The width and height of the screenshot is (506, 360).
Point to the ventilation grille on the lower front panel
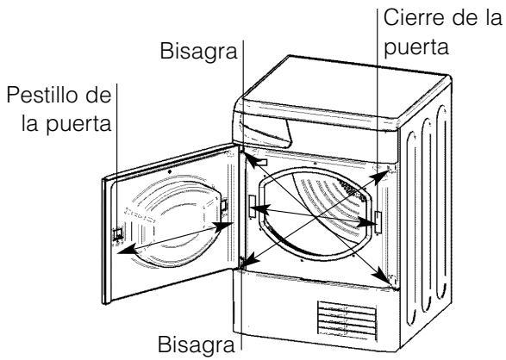[348, 319]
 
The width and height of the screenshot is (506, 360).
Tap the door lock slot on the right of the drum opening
[377, 221]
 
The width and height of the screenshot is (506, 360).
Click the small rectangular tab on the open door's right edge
[223, 207]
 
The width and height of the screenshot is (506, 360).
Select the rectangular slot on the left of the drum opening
[251, 206]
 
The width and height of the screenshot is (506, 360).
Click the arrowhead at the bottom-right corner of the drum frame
[381, 276]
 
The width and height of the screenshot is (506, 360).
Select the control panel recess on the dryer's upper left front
[263, 130]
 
